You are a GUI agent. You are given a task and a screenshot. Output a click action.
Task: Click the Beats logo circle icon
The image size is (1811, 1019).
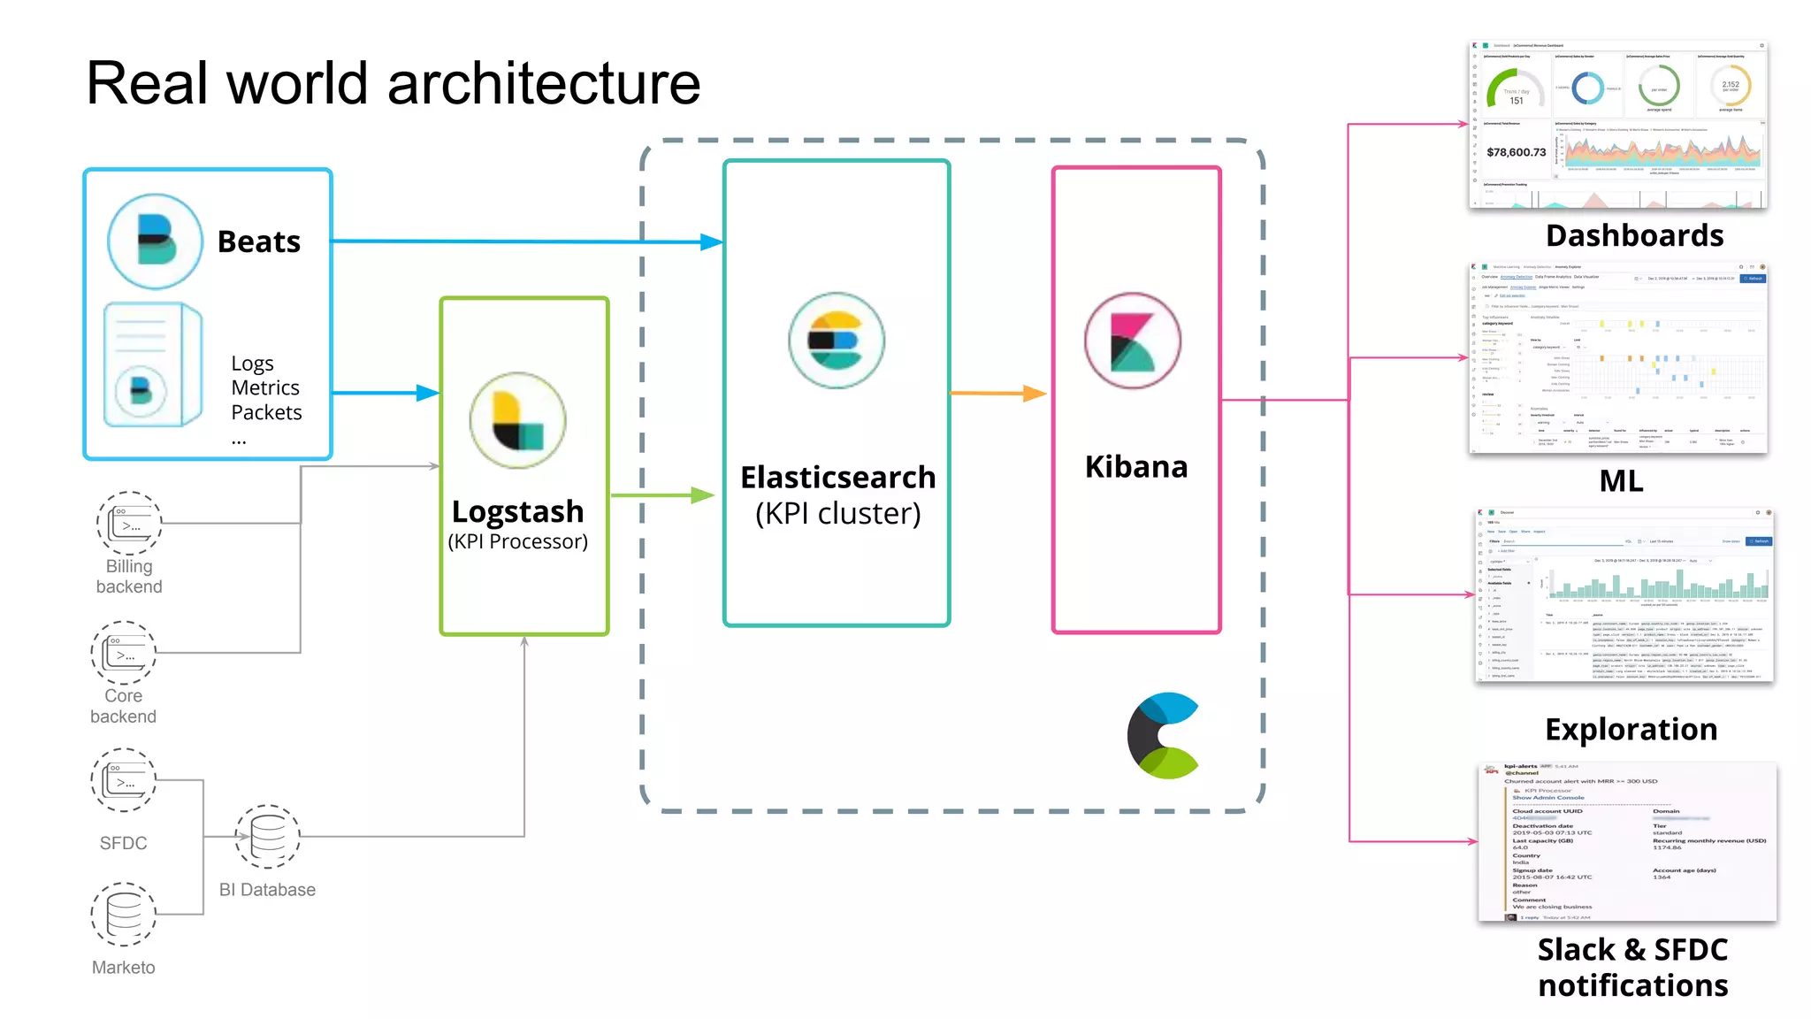155,241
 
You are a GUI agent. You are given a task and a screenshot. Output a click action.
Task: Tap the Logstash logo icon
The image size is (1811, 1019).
517,420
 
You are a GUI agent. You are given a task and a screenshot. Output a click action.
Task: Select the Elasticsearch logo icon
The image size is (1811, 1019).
836,341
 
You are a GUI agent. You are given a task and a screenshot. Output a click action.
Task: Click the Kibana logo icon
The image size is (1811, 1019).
1133,341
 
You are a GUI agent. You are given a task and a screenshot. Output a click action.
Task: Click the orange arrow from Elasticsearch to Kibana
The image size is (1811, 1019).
997,393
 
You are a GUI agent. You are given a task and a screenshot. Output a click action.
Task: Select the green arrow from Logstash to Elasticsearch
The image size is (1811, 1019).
661,495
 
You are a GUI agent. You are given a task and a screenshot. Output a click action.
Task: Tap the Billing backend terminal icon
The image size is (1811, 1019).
129,523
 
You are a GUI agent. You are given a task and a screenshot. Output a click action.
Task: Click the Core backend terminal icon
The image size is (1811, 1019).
124,653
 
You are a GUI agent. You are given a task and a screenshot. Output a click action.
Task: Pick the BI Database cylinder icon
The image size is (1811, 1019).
267,836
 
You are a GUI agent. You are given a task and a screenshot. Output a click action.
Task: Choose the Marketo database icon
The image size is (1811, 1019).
124,914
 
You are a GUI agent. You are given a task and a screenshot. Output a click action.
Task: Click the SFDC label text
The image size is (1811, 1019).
124,843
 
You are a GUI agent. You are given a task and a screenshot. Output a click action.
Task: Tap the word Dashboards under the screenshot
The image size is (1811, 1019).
1634,235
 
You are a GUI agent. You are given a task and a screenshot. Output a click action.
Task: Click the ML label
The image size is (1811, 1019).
1621,481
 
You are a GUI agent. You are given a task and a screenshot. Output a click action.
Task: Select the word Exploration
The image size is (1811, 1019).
1631,729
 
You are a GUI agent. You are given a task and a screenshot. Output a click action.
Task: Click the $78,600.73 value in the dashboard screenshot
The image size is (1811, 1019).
1516,152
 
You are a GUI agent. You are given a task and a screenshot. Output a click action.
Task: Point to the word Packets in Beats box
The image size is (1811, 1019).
266,412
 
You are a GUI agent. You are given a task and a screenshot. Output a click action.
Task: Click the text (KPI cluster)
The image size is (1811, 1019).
837,513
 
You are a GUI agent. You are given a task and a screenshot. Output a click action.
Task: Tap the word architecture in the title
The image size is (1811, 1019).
543,83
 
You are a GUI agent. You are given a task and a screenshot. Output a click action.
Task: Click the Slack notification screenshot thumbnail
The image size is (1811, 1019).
1626,841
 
